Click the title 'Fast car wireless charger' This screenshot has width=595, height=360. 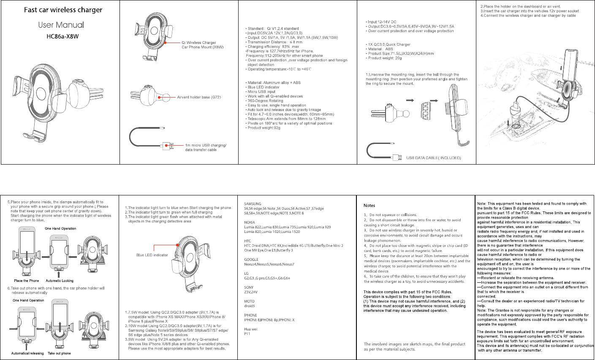[x=63, y=10]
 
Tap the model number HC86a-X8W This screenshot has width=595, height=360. [x=62, y=36]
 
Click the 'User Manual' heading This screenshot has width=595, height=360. [x=61, y=25]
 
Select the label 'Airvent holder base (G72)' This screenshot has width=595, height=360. [x=199, y=97]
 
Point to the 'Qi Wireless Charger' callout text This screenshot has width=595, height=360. [x=198, y=43]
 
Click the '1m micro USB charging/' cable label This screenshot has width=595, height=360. [x=206, y=145]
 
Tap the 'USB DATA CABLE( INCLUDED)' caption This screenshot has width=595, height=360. [x=433, y=158]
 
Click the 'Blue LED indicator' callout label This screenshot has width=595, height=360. [x=152, y=255]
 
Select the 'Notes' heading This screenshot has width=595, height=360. [x=369, y=206]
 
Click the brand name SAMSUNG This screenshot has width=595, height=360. [x=253, y=204]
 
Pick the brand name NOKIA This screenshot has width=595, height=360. [x=250, y=222]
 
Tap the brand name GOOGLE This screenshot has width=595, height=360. [x=251, y=260]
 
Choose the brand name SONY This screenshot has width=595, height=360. [x=249, y=287]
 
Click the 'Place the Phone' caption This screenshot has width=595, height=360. [x=26, y=281]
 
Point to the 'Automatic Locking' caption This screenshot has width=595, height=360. [x=60, y=281]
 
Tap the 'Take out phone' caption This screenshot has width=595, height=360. [x=59, y=353]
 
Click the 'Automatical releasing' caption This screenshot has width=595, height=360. [x=27, y=353]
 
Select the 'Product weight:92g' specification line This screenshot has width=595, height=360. [x=264, y=128]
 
